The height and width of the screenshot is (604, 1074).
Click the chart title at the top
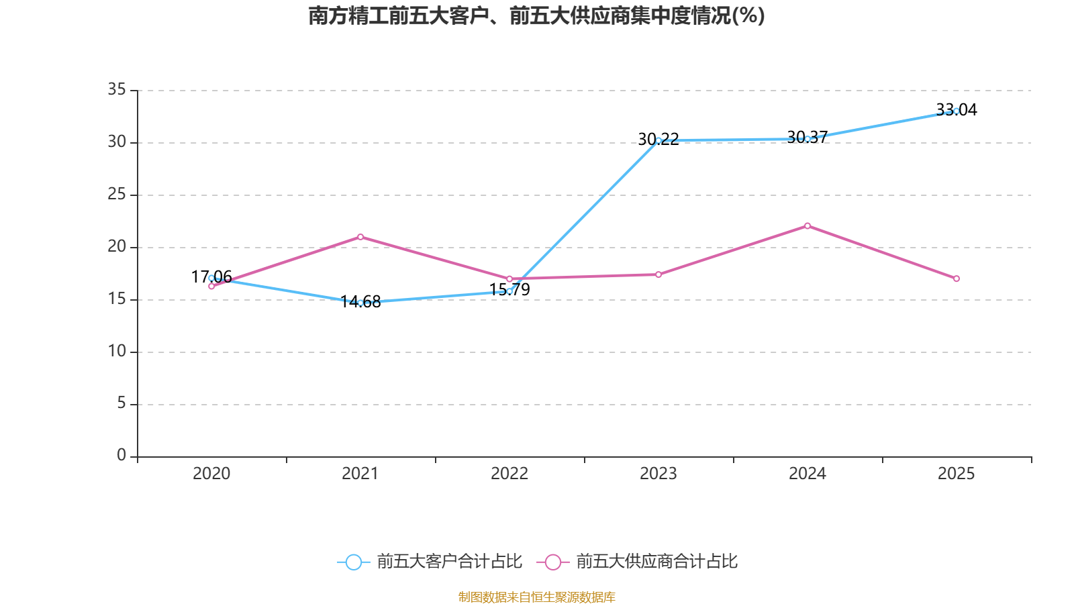[x=536, y=15]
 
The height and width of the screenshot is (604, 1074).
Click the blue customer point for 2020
[x=211, y=278]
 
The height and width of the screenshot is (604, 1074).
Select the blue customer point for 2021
[x=360, y=303]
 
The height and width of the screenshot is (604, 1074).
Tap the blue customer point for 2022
[x=509, y=291]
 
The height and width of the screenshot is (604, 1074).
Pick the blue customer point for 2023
[x=658, y=140]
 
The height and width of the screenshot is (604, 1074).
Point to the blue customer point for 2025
[x=957, y=111]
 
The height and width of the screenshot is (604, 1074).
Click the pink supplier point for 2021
[x=360, y=237]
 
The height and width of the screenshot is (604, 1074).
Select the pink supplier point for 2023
[x=658, y=274]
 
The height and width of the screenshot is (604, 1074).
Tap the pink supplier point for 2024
[x=808, y=225]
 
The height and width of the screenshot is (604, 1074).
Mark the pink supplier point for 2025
[x=957, y=279]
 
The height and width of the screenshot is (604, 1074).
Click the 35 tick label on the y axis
[x=117, y=89]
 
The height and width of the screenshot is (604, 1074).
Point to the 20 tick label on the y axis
[x=117, y=246]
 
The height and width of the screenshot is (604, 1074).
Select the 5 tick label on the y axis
[x=121, y=403]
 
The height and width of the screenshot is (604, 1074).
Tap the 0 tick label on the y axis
[x=121, y=456]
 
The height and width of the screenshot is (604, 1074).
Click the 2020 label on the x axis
[x=211, y=474]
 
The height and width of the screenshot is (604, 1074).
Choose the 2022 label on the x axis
[x=509, y=474]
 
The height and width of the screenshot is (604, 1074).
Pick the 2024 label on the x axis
[x=808, y=474]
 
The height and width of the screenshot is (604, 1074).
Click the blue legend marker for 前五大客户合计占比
[x=353, y=562]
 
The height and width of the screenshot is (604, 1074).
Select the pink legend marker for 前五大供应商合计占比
[x=552, y=562]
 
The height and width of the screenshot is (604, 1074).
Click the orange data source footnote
[x=536, y=597]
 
